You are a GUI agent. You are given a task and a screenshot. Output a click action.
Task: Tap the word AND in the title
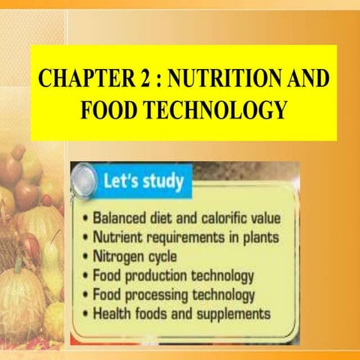(311, 77)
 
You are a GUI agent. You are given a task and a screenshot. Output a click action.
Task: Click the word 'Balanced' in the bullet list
(121, 218)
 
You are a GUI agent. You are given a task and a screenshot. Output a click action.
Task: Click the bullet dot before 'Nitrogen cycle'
(87, 256)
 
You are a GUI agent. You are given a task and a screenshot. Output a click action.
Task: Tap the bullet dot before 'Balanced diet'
(87, 219)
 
